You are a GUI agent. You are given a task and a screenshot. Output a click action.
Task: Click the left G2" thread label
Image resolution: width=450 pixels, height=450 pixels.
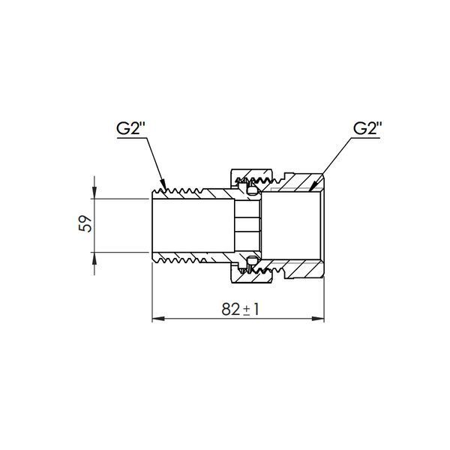pos(132,128)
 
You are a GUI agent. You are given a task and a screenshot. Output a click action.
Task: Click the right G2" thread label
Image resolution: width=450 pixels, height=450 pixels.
pos(367,128)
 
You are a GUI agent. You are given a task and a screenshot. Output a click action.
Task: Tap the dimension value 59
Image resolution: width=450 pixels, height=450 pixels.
pos(85,223)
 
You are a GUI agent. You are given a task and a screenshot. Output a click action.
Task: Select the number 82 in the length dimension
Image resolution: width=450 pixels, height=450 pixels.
pos(231,309)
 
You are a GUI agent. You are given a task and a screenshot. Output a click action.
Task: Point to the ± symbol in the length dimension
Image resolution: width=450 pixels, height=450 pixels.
pos(247,310)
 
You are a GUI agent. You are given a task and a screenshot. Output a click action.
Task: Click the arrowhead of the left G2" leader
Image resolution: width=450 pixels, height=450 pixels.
pos(163,184)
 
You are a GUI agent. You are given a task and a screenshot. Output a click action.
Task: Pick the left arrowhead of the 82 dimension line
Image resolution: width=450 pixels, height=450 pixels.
pos(158,319)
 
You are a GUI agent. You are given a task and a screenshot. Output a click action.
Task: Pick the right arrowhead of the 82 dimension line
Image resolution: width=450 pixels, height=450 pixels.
pos(318,319)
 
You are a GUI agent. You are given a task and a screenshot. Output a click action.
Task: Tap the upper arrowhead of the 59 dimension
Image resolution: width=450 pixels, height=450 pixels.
pos(94,192)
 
